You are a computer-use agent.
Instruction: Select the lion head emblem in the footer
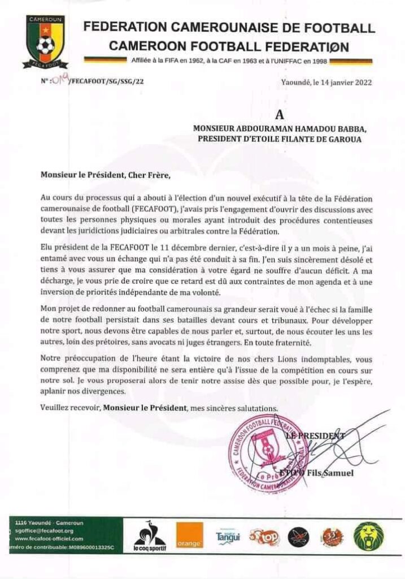coord(369,535)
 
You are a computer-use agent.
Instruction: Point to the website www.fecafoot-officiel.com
coord(49,539)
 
